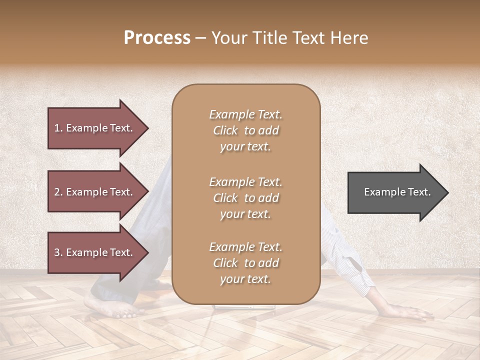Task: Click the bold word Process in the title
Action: point(157,38)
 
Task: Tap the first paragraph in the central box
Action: point(245,130)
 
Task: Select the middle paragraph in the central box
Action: point(245,198)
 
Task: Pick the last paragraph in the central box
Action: point(245,263)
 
